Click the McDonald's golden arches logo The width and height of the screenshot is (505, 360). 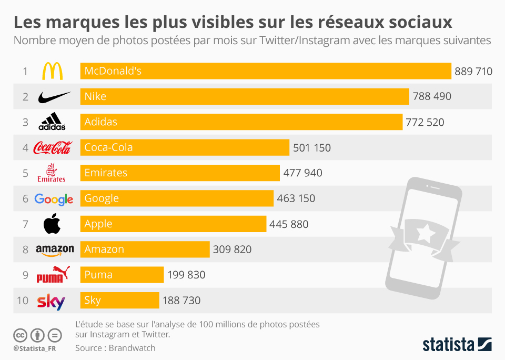point(52,71)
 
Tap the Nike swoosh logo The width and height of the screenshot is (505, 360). point(54,97)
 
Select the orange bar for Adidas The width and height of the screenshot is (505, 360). point(241,122)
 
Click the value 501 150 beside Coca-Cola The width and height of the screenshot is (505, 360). point(312,148)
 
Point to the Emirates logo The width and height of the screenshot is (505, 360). point(52,173)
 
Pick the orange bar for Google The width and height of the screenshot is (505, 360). point(177,198)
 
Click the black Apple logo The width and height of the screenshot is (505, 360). point(52,224)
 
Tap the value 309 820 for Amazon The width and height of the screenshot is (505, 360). point(232,249)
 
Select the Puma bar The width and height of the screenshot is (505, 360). point(122,275)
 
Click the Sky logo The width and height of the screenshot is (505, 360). point(51,301)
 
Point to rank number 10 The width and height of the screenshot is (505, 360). point(22,301)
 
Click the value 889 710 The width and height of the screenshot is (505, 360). point(473,71)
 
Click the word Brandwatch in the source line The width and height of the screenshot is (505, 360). point(132,348)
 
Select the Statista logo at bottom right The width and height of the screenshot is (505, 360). point(457,344)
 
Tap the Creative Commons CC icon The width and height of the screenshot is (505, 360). point(20,335)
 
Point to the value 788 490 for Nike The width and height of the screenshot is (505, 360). point(432,96)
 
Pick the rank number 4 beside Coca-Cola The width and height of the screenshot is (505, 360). point(25,148)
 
